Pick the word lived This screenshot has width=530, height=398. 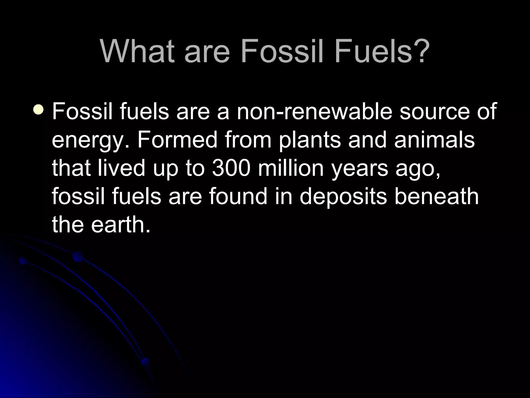click(x=121, y=168)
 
